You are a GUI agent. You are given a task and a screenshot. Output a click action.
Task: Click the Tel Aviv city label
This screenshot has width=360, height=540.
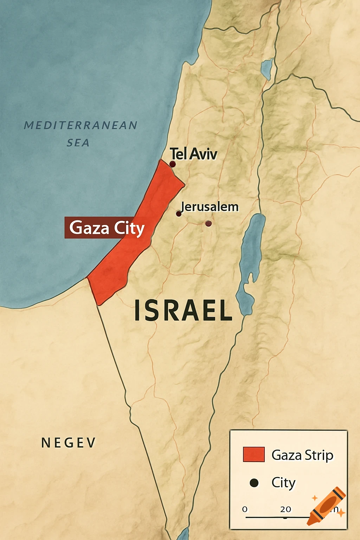pos(193,154)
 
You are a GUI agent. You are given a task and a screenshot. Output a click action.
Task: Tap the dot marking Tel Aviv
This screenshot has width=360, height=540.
pos(172,164)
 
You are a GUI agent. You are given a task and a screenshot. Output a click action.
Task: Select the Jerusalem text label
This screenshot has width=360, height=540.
pos(210,206)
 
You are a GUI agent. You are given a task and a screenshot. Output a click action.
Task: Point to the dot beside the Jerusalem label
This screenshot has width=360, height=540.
pos(179,214)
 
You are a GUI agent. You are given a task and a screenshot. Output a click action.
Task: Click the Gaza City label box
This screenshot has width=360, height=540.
pos(104,228)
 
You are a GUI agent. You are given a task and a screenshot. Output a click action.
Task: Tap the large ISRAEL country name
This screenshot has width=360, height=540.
pos(183,310)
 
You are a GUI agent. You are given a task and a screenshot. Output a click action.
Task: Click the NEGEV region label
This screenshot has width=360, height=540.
pos(69,443)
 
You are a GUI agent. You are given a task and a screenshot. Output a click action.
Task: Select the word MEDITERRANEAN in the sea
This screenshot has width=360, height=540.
pos(81,125)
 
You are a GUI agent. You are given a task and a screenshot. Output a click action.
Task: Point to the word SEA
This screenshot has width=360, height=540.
pos(78,143)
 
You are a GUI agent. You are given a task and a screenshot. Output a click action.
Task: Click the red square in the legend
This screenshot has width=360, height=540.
pos(253,454)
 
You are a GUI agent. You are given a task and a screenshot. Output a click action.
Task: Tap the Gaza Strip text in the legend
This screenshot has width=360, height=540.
pos(302,455)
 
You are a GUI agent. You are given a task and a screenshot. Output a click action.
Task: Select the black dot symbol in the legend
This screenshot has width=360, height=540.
pos(254,483)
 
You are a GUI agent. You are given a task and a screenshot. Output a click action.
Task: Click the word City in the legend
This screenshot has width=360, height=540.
pos(283,483)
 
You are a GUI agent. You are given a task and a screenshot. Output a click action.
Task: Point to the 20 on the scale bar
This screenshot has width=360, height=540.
pos(285,509)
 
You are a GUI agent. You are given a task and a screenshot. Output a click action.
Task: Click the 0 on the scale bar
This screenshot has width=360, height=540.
pos(245,509)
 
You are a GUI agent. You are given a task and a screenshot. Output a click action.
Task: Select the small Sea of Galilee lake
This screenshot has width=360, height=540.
pos(267,69)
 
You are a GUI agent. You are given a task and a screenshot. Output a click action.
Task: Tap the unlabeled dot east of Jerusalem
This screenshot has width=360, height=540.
pos(208,223)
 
